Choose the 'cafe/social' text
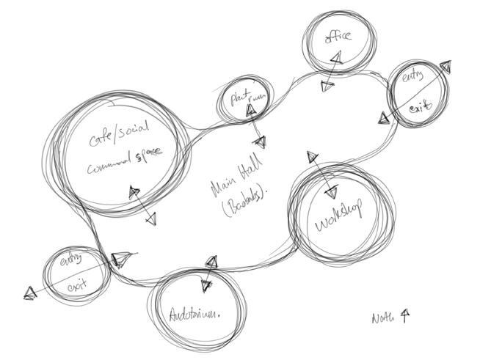[x=119, y=135]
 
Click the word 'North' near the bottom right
[x=383, y=318]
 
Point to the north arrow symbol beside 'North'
[x=405, y=315]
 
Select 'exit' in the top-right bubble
[x=418, y=108]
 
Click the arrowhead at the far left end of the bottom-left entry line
[x=29, y=293]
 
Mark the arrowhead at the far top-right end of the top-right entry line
[x=444, y=67]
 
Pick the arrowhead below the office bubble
[x=326, y=87]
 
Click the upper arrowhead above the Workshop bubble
[x=312, y=156]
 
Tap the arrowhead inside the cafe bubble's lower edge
[x=134, y=193]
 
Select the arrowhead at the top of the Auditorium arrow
[x=212, y=261]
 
